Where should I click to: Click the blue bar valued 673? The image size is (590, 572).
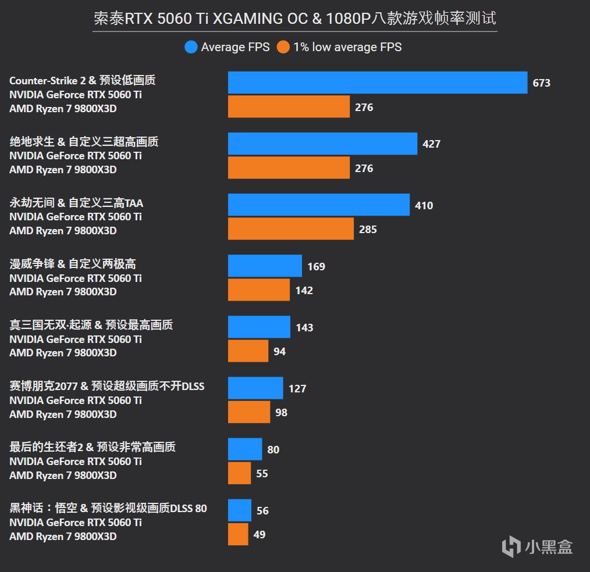point(377,83)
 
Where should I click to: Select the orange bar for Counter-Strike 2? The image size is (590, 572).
point(289,107)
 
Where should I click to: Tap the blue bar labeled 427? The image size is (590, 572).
point(322,144)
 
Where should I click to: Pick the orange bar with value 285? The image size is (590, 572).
point(290,229)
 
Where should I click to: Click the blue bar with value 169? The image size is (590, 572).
point(265,266)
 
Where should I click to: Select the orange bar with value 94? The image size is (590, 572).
point(248,351)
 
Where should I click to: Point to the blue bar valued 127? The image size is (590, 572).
point(255,388)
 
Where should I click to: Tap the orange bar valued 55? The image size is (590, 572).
point(239,473)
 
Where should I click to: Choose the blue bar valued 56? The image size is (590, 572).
point(240,510)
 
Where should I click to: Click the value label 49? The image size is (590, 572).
point(260,534)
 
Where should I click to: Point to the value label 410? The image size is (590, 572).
point(424,205)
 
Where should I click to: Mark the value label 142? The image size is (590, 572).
point(304,290)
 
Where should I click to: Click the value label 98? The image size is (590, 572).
point(282,412)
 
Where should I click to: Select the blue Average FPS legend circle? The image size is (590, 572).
point(191,47)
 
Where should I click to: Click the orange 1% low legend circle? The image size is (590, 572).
point(283,47)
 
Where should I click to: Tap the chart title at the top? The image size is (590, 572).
point(295,19)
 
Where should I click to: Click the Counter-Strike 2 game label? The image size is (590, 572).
point(83,80)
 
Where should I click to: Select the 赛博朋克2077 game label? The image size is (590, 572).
point(107,386)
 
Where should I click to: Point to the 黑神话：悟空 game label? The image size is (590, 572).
point(108,509)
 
